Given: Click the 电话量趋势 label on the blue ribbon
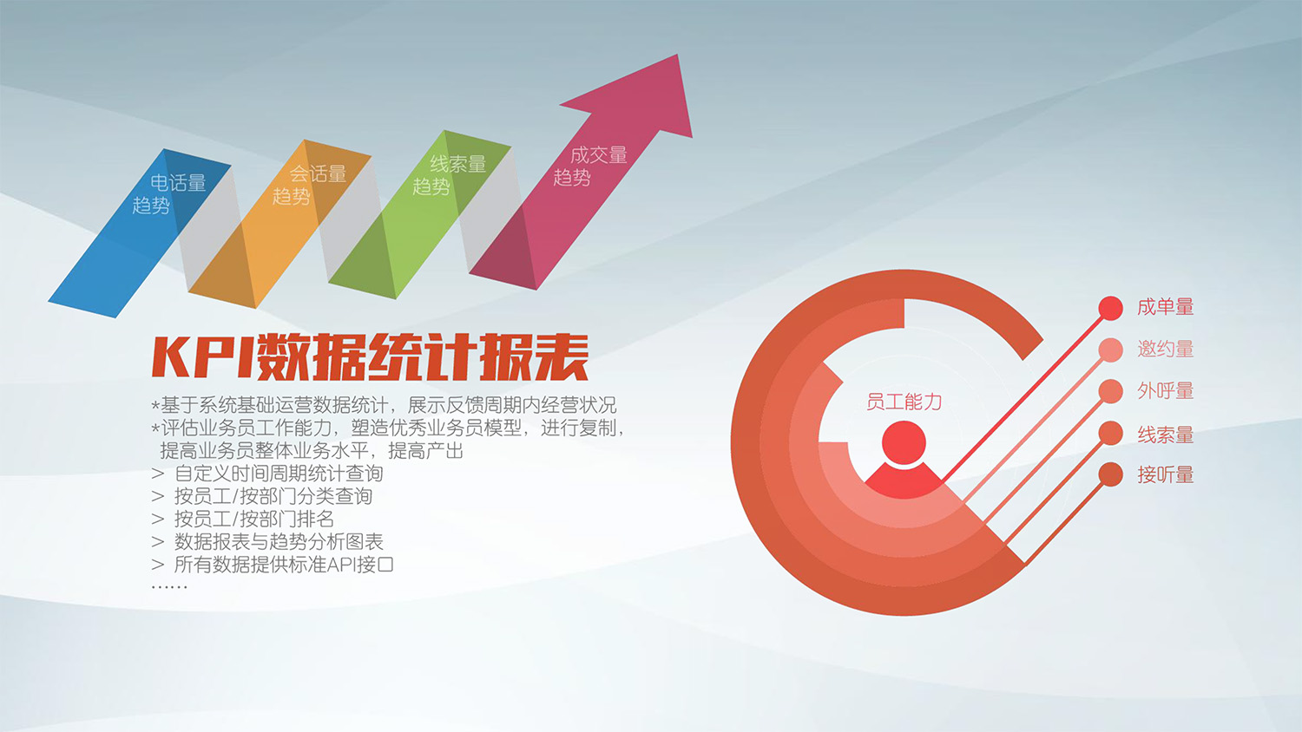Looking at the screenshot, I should pyautogui.click(x=169, y=193).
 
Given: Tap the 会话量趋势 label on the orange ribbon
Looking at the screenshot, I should pyautogui.click(x=309, y=185).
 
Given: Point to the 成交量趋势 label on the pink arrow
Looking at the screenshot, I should pyautogui.click(x=590, y=166).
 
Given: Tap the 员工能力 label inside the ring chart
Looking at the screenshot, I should pyautogui.click(x=904, y=402).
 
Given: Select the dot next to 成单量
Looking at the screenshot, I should pyautogui.click(x=1110, y=308).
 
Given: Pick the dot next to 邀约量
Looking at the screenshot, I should pyautogui.click(x=1110, y=350).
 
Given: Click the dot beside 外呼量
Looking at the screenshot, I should pyautogui.click(x=1110, y=391).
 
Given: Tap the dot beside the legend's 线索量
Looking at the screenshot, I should pyautogui.click(x=1110, y=433).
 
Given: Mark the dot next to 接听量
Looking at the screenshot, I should pyautogui.click(x=1110, y=474).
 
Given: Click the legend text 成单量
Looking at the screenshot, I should pyautogui.click(x=1165, y=307).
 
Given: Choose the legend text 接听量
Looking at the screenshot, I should pyautogui.click(x=1165, y=474).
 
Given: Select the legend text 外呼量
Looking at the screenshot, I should pyautogui.click(x=1165, y=390).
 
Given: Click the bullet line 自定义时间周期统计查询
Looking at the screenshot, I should pyautogui.click(x=278, y=474).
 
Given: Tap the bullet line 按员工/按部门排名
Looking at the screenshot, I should pyautogui.click(x=253, y=519).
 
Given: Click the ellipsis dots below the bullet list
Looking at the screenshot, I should pyautogui.click(x=169, y=587).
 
